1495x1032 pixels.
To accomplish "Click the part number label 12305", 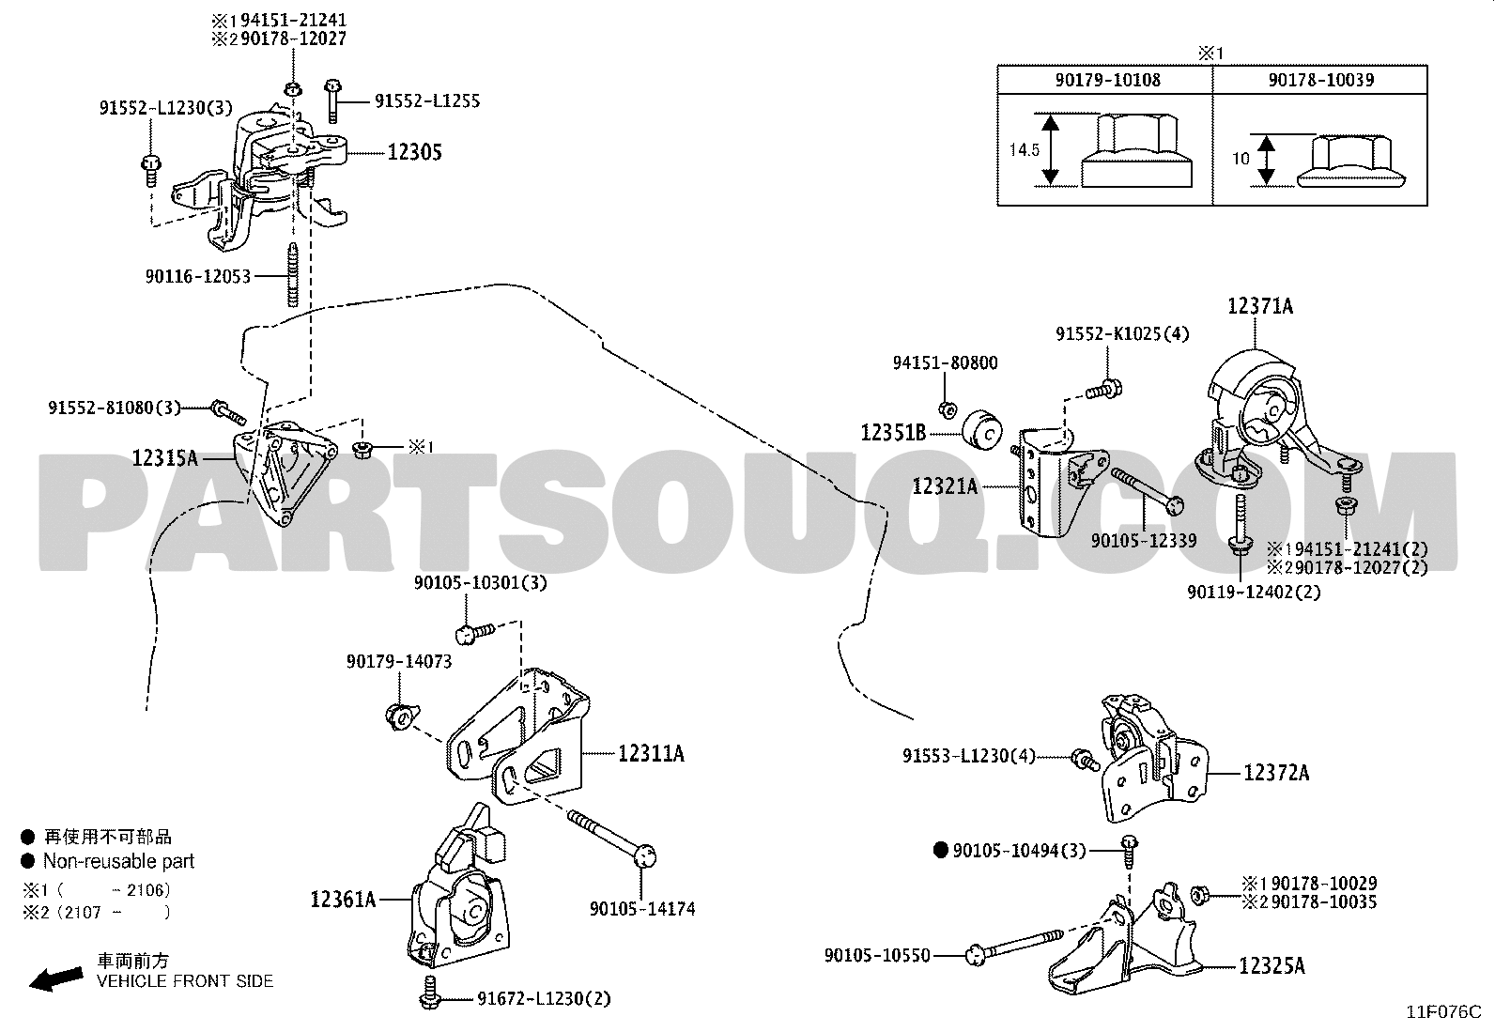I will [x=414, y=152].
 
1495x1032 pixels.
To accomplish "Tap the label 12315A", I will [x=165, y=458].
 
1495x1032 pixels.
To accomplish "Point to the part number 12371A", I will [x=1260, y=306].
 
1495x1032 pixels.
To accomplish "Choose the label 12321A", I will [x=946, y=486].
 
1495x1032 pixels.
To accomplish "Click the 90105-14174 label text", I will [x=642, y=909].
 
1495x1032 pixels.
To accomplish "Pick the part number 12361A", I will [x=343, y=900].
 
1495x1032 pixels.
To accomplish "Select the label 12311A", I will [x=651, y=753].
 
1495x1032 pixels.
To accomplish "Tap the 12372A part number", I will [x=1276, y=773].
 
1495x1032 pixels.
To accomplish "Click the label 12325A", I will [x=1272, y=965].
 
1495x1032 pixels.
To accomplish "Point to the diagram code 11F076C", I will [x=1442, y=1012].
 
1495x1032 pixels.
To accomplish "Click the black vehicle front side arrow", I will [x=54, y=979].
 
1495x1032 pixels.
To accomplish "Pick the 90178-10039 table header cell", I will [x=1320, y=80].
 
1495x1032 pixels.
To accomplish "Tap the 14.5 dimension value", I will [x=1024, y=149].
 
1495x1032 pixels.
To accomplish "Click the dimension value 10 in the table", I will [x=1241, y=159].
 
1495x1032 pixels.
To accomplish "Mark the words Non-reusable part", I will [x=118, y=861].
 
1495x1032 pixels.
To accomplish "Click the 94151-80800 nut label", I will [x=946, y=362].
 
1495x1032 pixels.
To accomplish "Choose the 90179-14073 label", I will [x=399, y=662].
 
